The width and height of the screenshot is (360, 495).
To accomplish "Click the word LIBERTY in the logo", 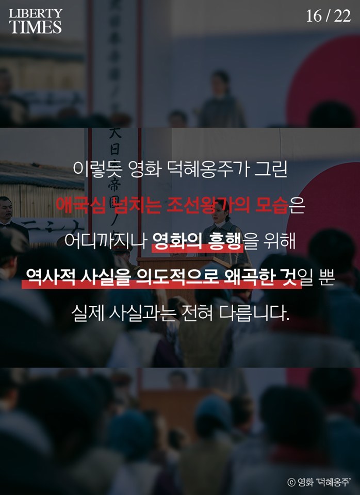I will coord(36,13).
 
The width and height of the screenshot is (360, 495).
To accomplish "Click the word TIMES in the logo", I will coord(36,27).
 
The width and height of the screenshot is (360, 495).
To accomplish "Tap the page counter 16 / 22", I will coord(328,16).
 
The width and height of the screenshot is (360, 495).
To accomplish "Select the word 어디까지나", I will coord(106,241).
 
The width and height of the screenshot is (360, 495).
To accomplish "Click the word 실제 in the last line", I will coord(86,313).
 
